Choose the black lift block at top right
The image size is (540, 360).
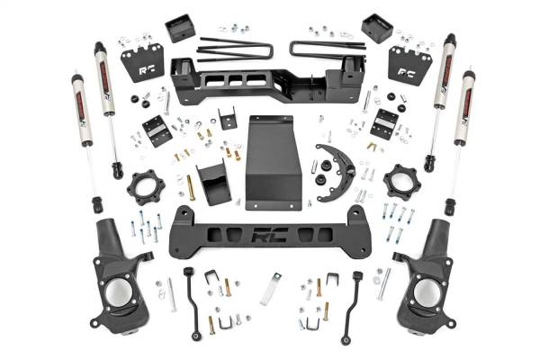[x=375, y=28]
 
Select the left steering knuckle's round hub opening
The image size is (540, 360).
[x=117, y=292]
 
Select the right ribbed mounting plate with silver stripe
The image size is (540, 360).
[x=385, y=123]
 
